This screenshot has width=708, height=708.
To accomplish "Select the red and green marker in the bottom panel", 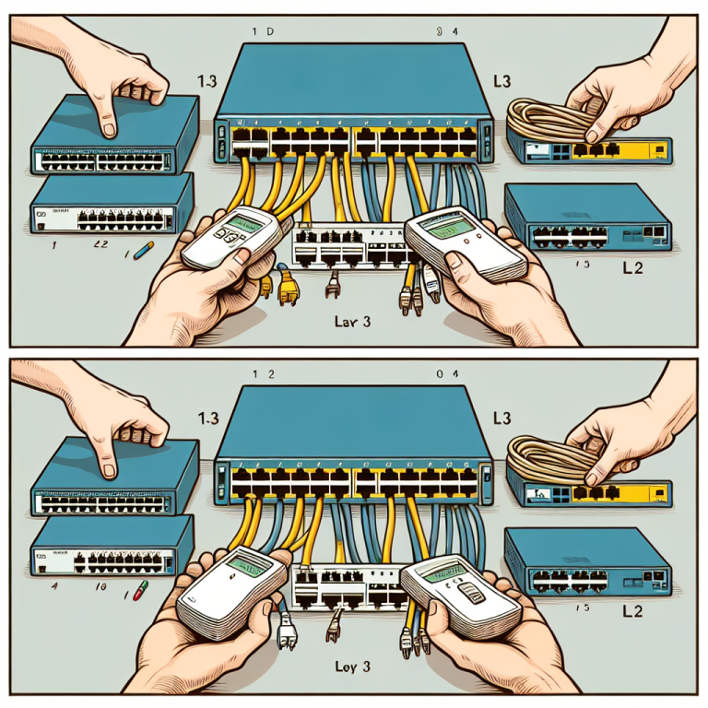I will tap(139, 591).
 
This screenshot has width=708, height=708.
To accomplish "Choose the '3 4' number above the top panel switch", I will tap(444, 30).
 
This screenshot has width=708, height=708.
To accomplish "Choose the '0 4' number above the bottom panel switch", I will tap(444, 374).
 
